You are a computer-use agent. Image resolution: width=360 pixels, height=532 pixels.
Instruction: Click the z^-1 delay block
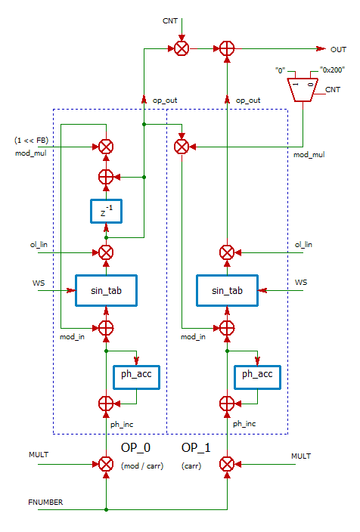click(x=106, y=212)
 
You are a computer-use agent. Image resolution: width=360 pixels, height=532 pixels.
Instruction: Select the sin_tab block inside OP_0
click(x=106, y=290)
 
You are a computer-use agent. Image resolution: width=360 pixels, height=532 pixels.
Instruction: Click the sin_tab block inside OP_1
click(x=226, y=290)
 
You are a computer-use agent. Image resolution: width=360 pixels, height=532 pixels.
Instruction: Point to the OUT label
click(x=338, y=49)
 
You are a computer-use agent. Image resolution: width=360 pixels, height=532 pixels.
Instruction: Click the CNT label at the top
click(x=171, y=20)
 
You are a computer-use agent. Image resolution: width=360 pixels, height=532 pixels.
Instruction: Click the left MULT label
click(x=39, y=456)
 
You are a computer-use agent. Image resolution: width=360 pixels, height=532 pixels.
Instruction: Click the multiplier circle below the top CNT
click(x=182, y=48)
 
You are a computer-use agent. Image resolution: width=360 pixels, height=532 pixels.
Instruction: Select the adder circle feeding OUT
click(x=226, y=48)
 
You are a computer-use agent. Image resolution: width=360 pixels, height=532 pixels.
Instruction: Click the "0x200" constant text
click(x=330, y=70)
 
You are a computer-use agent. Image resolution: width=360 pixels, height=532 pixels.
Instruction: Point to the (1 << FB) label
click(x=33, y=141)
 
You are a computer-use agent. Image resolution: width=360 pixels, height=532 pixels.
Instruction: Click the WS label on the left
click(x=38, y=283)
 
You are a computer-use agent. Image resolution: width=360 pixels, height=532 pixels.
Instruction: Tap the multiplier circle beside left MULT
click(x=106, y=464)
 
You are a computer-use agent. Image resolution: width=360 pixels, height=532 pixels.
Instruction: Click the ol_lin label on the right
click(x=303, y=245)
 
